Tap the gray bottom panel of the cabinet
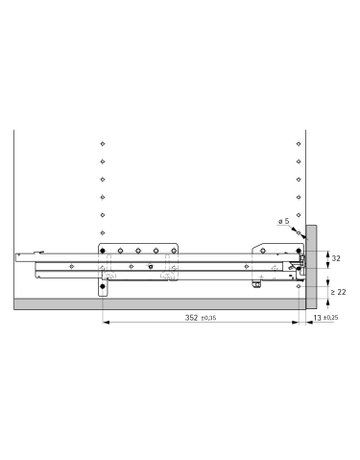[150, 303]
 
